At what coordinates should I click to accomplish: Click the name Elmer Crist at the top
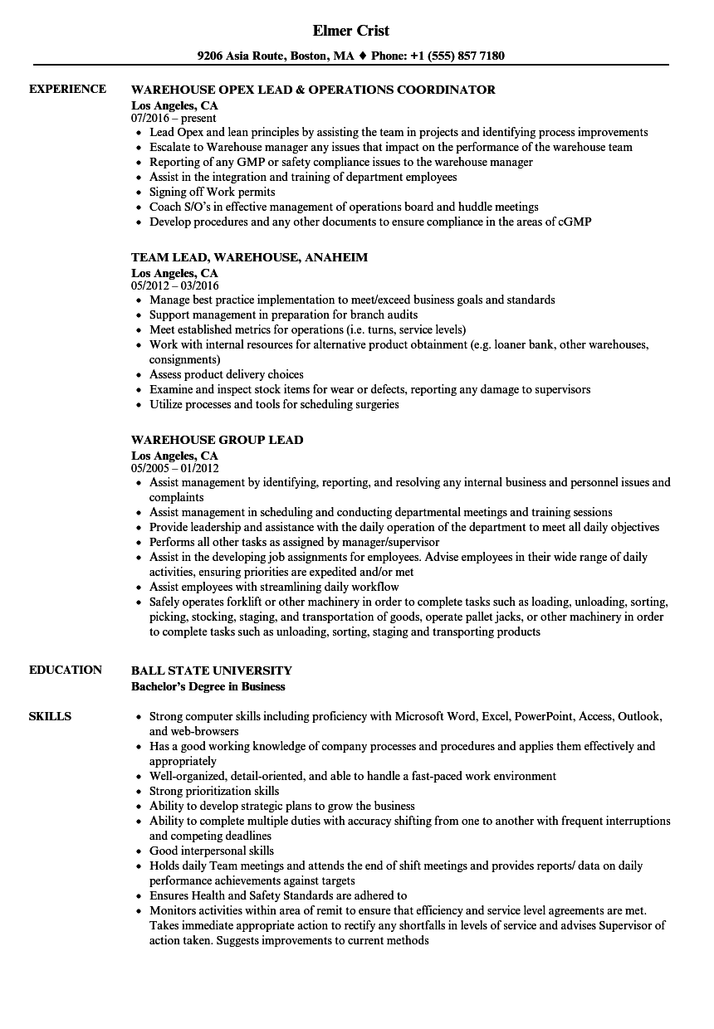[x=351, y=31]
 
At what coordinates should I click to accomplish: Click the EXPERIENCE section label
[x=67, y=89]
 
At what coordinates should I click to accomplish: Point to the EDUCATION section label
[x=66, y=670]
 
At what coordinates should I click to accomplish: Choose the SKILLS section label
[x=50, y=716]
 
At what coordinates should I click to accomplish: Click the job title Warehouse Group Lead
[x=217, y=439]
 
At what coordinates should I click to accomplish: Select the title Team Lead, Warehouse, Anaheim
[x=249, y=256]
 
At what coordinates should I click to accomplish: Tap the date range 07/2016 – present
[x=174, y=118]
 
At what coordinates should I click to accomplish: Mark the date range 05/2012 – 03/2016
[x=175, y=285]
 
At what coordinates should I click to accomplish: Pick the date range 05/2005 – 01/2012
[x=175, y=468]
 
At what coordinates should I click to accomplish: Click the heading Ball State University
[x=212, y=670]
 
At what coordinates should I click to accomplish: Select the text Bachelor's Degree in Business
[x=208, y=686]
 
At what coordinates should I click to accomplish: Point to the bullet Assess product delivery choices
[x=226, y=374]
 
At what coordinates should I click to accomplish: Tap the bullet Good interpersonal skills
[x=211, y=851]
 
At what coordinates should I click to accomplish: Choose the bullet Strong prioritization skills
[x=213, y=791]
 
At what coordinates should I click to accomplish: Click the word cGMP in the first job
[x=575, y=222]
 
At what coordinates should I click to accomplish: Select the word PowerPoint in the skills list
[x=545, y=716]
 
